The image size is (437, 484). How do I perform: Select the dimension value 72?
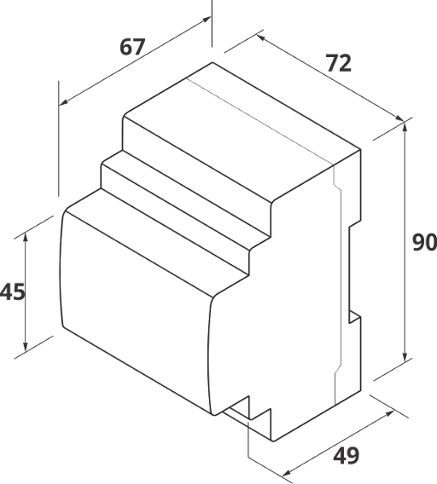(x=339, y=62)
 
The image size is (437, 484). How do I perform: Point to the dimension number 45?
(x=12, y=291)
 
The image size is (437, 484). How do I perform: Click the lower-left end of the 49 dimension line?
(x=286, y=473)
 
